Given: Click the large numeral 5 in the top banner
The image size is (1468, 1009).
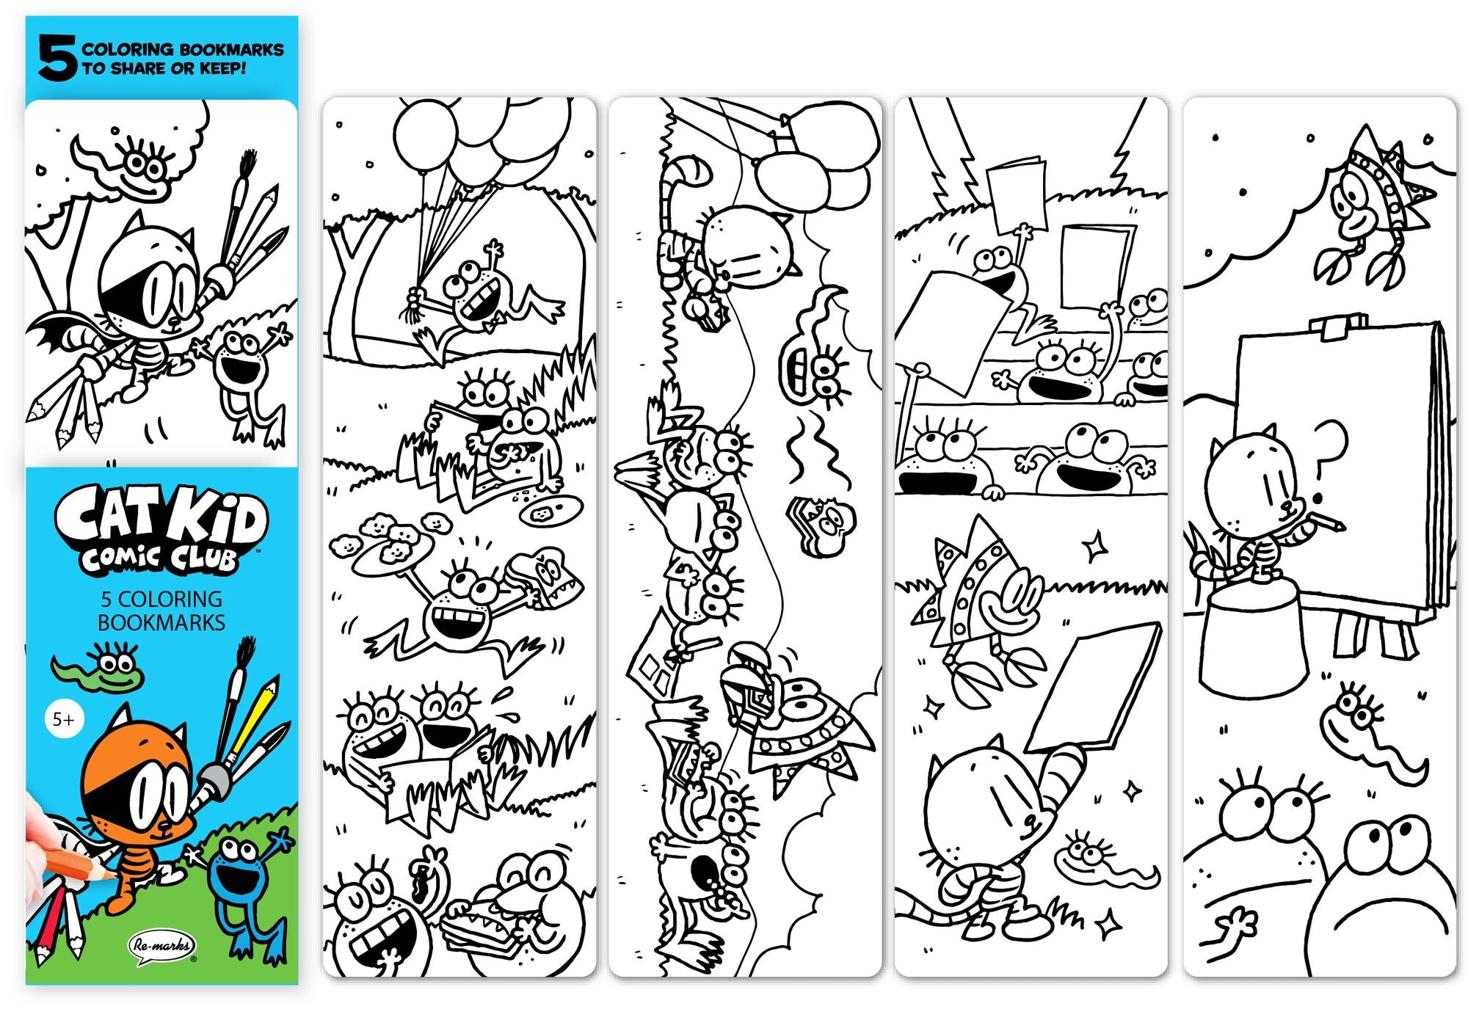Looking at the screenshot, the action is point(57,59).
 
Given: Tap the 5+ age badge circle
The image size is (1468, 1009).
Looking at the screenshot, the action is point(64,720).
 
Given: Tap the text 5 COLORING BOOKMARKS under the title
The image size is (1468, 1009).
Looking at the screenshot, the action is point(161,611).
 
